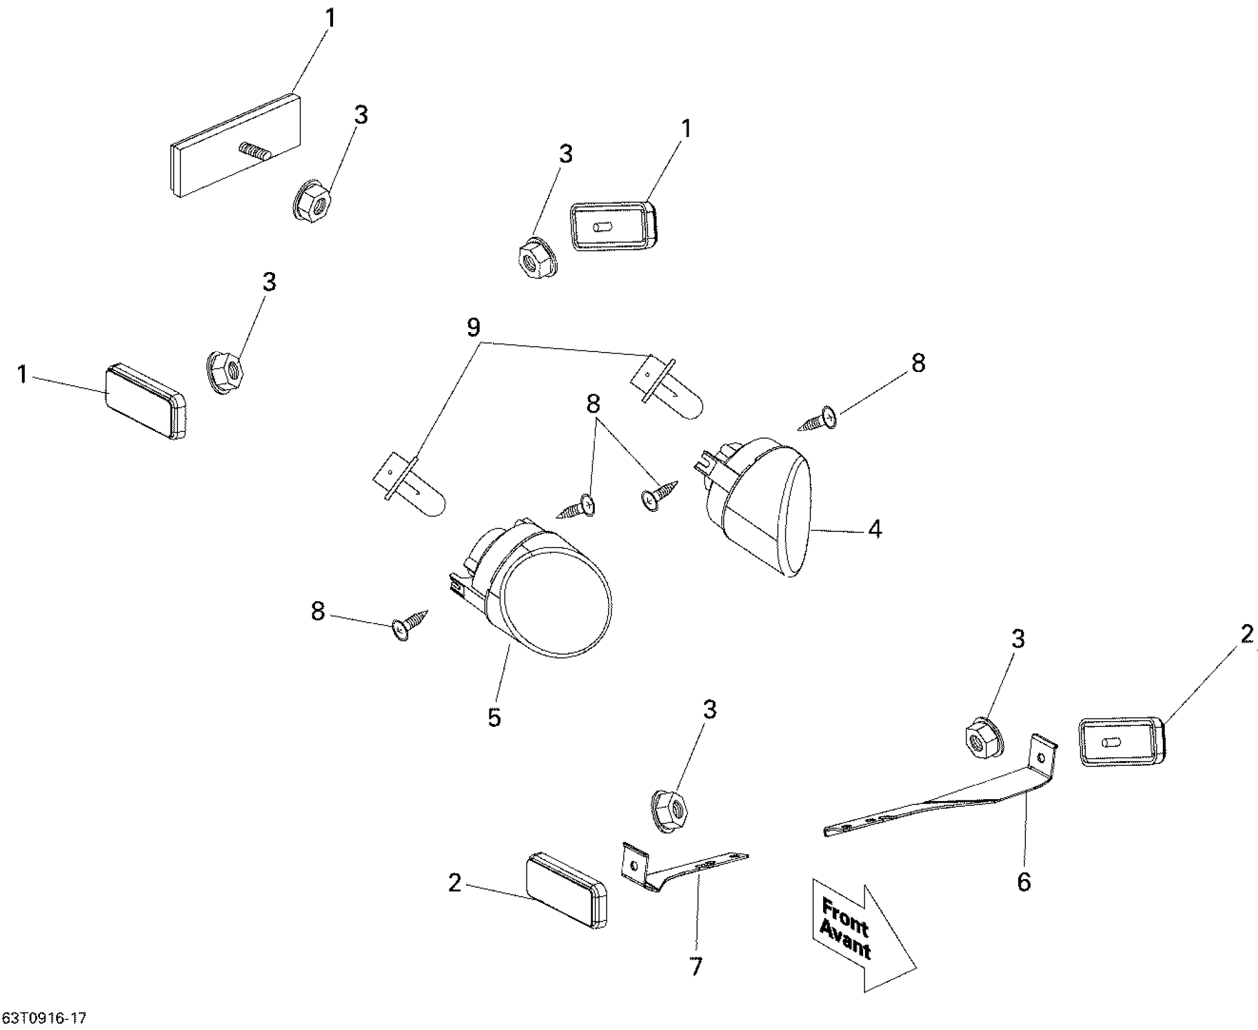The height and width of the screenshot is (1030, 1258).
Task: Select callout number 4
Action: click(875, 529)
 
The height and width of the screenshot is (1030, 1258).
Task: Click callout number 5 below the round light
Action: click(494, 717)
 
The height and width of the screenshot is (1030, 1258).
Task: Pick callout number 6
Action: click(1024, 882)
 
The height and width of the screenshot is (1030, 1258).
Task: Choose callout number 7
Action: click(696, 966)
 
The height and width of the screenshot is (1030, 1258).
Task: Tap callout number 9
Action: click(474, 328)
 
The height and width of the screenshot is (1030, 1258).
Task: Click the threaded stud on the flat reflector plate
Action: click(254, 150)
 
